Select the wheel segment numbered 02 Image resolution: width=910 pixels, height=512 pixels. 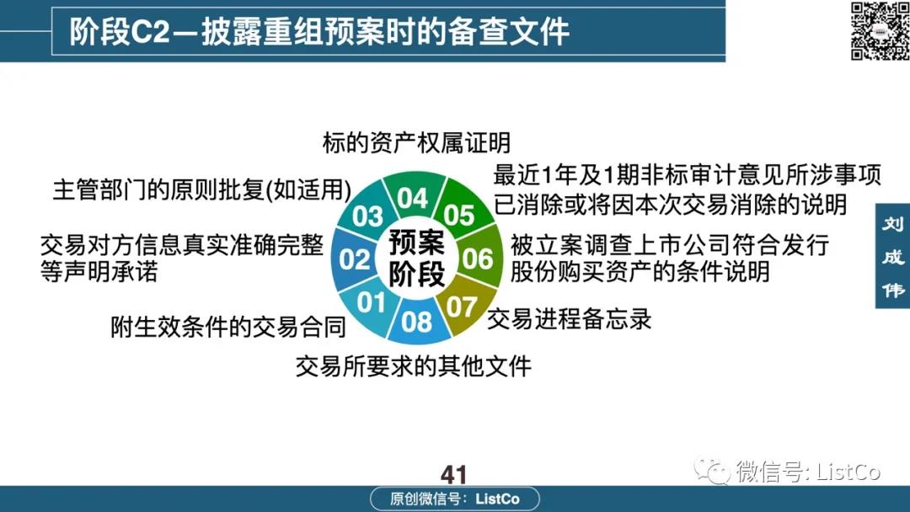pos(354,259)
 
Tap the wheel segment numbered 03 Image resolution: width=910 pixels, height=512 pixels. pos(367,215)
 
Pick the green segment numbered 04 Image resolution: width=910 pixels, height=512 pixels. pos(414,197)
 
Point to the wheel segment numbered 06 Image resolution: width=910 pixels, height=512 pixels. pos(479,259)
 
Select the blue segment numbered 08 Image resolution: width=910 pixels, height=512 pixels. pos(417,321)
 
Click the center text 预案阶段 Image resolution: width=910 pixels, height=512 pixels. pos(417,258)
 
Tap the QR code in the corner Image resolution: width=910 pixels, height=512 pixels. pos(879,30)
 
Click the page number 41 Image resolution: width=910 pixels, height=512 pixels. pos(453,475)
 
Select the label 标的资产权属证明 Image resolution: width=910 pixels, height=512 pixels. pos(416,142)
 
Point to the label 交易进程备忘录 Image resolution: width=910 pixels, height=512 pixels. pos(570,319)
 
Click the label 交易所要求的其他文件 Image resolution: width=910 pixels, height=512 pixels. pos(413,365)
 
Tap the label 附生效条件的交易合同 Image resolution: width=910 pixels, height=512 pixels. pos(228,327)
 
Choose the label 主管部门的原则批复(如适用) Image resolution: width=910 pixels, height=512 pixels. pos(202,189)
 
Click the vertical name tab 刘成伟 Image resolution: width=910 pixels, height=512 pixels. pos(892,256)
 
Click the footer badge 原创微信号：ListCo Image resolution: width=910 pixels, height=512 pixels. pos(455,499)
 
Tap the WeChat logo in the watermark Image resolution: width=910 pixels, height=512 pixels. pos(712,470)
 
